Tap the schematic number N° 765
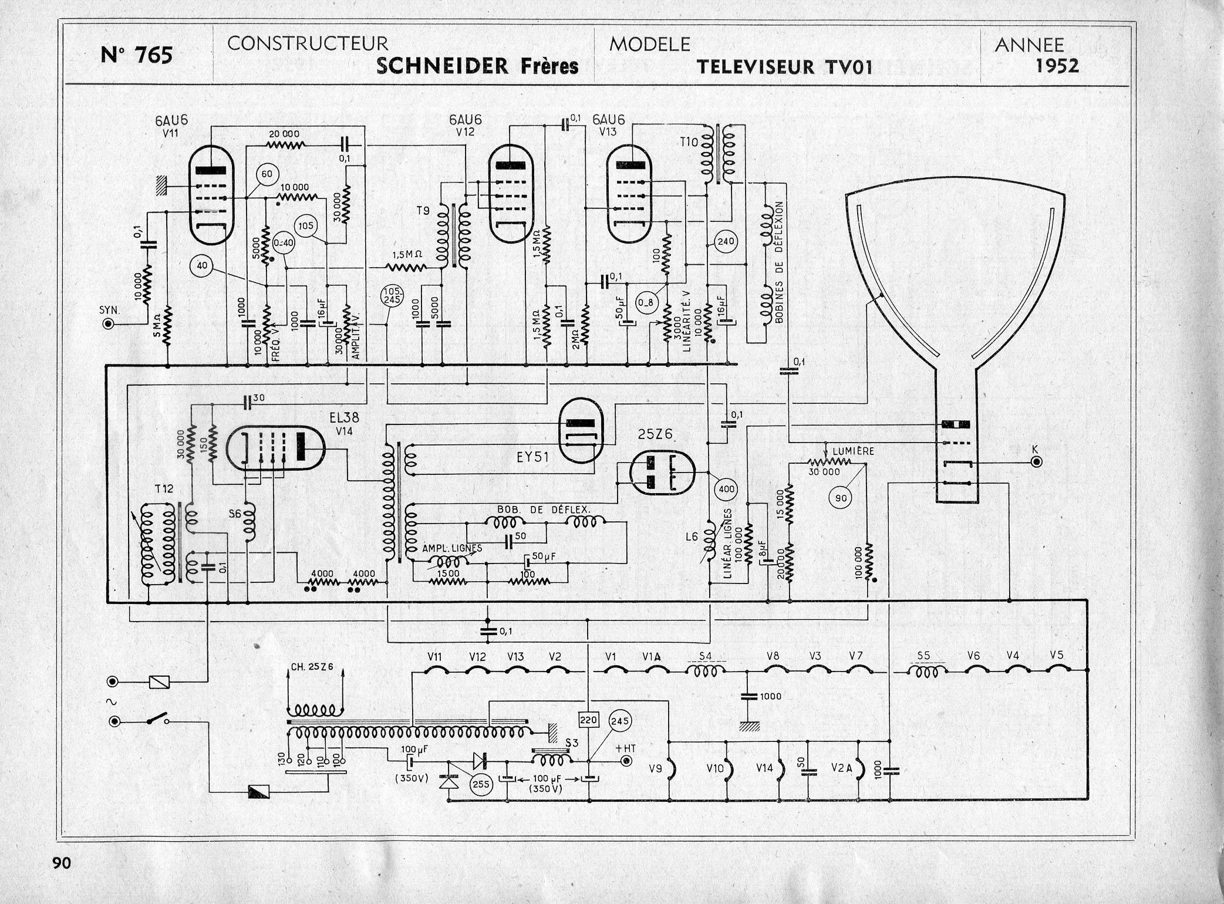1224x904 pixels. [x=137, y=55]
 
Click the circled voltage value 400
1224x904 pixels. [x=726, y=488]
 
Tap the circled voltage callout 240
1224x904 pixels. [x=726, y=241]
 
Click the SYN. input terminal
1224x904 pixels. [x=108, y=323]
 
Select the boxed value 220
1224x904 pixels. [x=588, y=720]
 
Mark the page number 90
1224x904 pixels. [x=61, y=863]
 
